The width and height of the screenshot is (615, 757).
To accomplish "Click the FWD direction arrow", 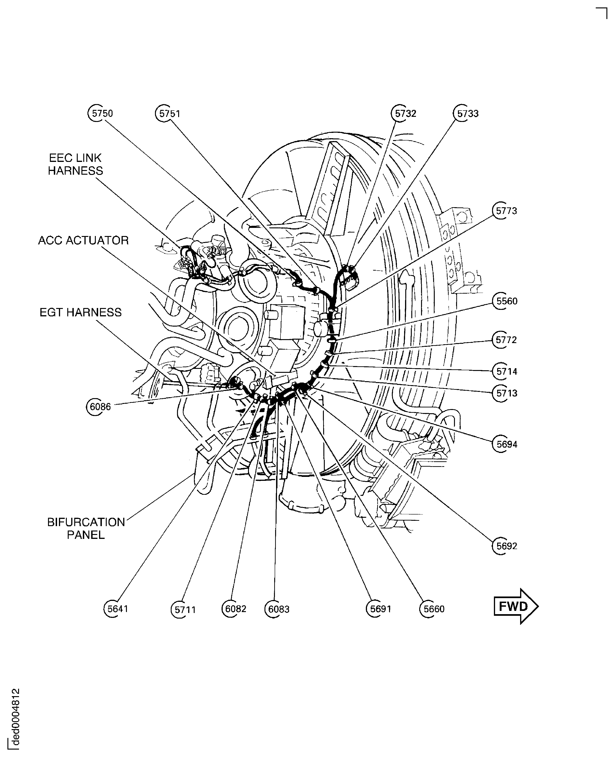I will [516, 606].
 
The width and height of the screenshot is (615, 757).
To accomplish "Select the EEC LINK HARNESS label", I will [75, 164].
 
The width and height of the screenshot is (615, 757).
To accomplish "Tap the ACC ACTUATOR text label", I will [83, 240].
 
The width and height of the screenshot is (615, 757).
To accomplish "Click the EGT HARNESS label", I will [80, 312].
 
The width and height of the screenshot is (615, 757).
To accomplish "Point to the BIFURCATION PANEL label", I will [86, 528].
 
